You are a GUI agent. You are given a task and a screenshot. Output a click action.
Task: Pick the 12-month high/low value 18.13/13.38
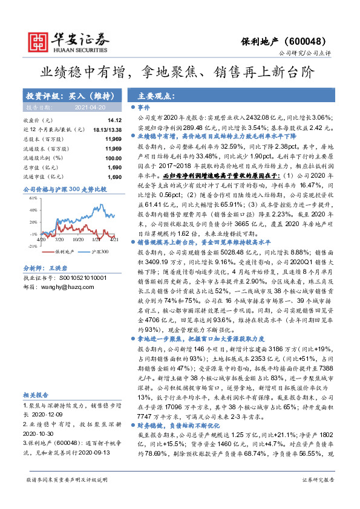coord(107,130)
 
